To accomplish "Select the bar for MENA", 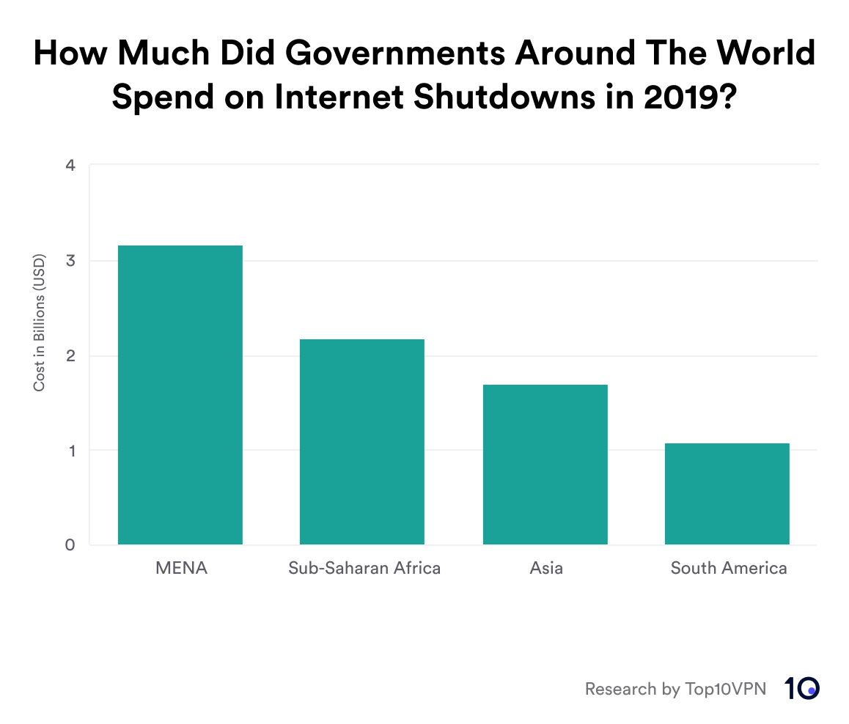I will point(180,396).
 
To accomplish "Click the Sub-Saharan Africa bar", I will point(362,442).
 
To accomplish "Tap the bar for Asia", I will point(545,465).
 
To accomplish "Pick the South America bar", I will point(727,494).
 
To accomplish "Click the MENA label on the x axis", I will point(181,568).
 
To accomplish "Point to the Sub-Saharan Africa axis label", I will point(364,568).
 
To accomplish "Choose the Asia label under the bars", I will point(546,568).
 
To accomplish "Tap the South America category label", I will point(729,568).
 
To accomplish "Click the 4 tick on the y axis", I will point(70,166).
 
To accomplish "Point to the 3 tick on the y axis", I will point(70,261).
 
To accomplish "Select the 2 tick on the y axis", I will point(70,356).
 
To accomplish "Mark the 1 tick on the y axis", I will point(70,451).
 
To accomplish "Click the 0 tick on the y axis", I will point(70,545).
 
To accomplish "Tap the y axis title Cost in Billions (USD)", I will point(40,322).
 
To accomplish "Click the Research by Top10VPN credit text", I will point(675,689).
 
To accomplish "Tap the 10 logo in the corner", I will point(801,688).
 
